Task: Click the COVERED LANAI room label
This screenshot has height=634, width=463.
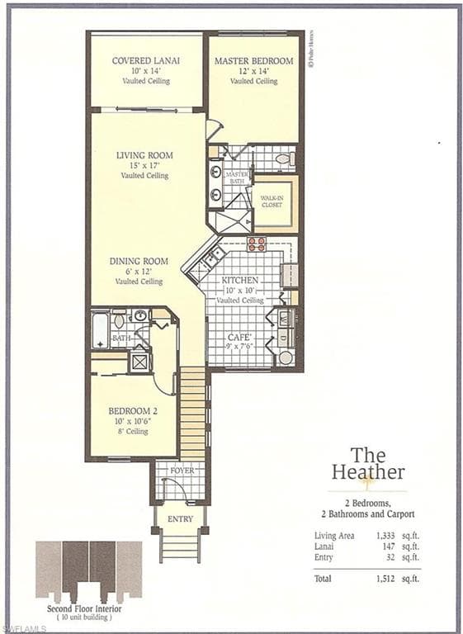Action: pos(146,61)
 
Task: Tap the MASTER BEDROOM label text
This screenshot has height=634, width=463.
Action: pos(254,61)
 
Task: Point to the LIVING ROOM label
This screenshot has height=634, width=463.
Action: pos(144,155)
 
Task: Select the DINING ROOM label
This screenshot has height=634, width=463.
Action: pos(139,262)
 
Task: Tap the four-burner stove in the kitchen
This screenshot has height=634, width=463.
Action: pos(257,244)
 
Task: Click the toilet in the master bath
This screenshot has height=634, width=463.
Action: pos(284,158)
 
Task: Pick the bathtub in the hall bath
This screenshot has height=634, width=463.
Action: pos(100,331)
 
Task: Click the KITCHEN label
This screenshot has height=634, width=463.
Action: pos(240,281)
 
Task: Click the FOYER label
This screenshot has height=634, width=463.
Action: pos(181,471)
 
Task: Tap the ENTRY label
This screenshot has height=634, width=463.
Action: pos(180,519)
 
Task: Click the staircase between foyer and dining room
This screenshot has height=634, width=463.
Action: pos(192,413)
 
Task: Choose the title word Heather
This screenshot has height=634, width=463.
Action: pos(368,473)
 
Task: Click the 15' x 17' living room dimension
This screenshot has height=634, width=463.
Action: pos(144,165)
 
